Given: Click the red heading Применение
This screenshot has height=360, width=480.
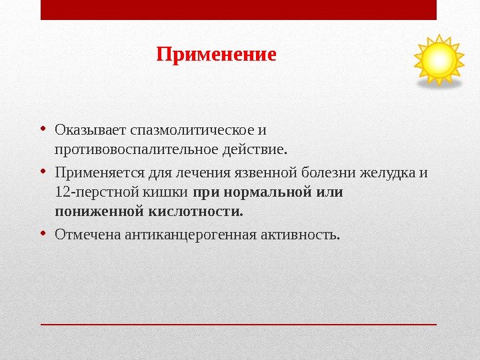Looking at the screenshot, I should click(x=216, y=54).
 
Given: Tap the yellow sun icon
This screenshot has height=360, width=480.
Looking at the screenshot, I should click(x=439, y=61).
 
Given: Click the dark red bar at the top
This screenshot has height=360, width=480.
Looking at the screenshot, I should click(x=239, y=10).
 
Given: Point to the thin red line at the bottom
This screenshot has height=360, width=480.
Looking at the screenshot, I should click(x=239, y=324).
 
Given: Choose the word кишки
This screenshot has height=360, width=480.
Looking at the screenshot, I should click(x=157, y=193).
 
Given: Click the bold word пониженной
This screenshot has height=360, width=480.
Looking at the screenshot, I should click(x=99, y=211).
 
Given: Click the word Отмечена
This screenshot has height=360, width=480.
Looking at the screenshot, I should click(x=87, y=235).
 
